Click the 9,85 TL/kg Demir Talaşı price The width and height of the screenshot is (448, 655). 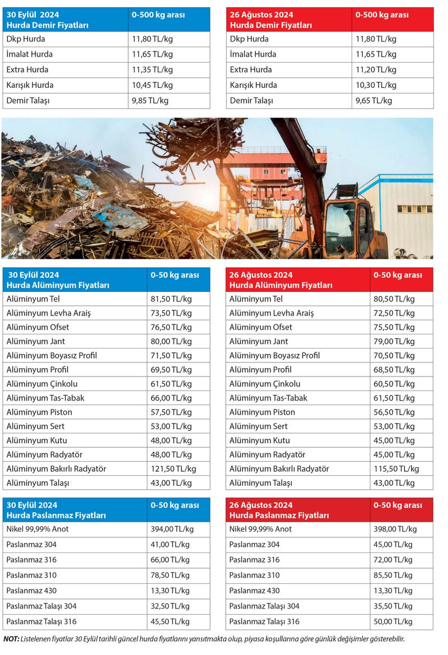coord(150,101)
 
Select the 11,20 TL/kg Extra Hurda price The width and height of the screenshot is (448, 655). coord(376,70)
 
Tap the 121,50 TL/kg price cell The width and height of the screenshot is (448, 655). coord(173,469)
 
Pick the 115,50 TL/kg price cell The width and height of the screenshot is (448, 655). coord(396,469)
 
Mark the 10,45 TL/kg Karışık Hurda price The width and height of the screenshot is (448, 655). coord(152,85)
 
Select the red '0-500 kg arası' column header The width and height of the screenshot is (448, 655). coord(382,15)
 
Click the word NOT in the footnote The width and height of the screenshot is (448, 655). coord(11,639)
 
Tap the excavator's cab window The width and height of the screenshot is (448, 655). coord(343,221)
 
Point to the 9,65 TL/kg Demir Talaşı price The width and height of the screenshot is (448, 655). coord(374,101)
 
